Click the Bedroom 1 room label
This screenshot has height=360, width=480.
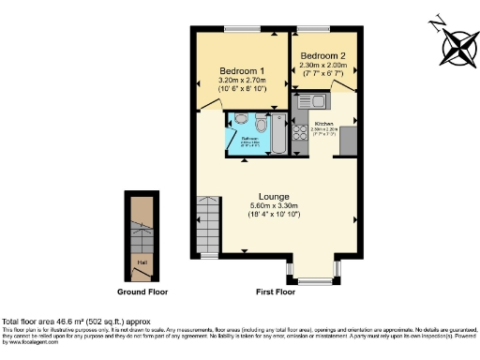point(242,71)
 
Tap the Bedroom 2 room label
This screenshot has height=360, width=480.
point(322,56)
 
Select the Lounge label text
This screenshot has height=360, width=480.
point(273,195)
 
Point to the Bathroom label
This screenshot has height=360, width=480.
point(250,139)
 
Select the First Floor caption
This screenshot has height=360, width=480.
point(274,292)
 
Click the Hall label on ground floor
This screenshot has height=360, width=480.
point(142,262)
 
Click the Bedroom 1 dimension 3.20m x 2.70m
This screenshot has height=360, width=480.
point(242,82)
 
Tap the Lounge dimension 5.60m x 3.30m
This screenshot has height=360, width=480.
point(273,205)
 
